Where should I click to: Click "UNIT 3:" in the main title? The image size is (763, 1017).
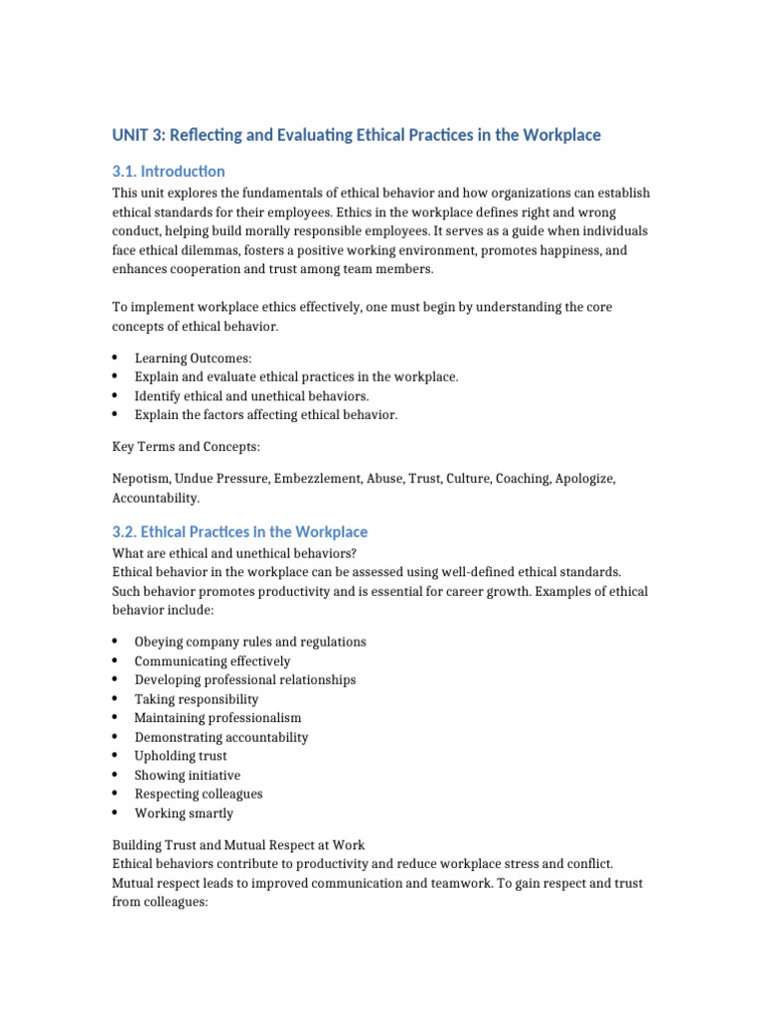(x=143, y=134)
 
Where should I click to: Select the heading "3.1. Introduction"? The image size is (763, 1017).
(x=169, y=171)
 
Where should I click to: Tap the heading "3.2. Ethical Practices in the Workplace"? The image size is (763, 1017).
(x=239, y=531)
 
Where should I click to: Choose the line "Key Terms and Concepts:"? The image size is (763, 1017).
(x=187, y=447)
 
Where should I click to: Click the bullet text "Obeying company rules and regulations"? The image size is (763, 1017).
(x=250, y=642)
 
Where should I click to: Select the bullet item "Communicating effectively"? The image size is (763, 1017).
(x=213, y=661)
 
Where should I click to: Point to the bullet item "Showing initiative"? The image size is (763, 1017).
(x=187, y=776)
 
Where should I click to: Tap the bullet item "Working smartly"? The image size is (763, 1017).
(x=184, y=813)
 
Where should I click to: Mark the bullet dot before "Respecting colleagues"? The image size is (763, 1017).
(x=116, y=794)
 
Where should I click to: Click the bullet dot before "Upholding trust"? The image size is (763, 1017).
(x=116, y=756)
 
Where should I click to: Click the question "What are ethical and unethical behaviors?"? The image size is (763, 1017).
(x=234, y=553)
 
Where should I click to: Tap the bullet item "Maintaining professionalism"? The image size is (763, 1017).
(x=218, y=718)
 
